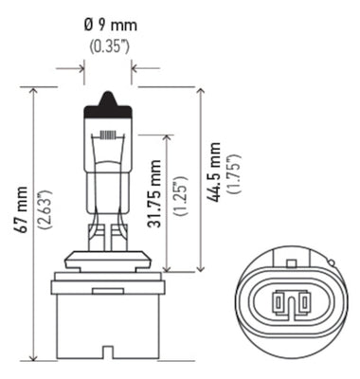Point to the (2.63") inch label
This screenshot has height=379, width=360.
(43, 224)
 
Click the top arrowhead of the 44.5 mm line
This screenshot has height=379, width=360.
(200, 92)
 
